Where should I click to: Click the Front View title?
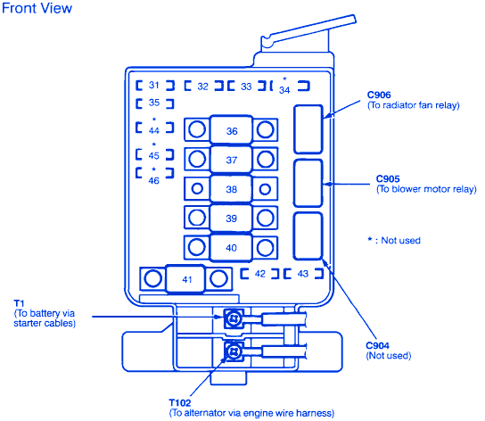37,8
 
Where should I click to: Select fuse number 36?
231,130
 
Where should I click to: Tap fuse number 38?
231,189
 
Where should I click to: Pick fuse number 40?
231,248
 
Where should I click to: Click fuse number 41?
185,279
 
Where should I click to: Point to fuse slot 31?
154,85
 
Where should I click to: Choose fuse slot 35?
154,103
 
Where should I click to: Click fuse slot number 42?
259,274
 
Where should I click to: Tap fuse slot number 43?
303,274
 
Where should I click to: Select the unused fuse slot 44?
154,127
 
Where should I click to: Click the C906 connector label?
379,95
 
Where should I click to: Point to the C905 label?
388,178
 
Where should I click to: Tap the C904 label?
377,345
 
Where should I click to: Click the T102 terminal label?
180,403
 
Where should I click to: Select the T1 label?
19,303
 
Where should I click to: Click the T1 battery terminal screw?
234,318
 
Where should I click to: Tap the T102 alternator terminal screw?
234,351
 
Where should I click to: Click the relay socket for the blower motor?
308,183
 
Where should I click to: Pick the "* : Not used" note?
394,240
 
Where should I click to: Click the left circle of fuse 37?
197,159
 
